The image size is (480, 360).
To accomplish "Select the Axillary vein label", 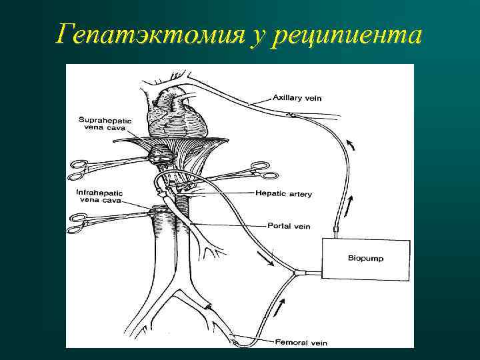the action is [297, 98].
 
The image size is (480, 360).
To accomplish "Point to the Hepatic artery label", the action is [284, 194].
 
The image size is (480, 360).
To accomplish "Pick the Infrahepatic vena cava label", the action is [101, 195].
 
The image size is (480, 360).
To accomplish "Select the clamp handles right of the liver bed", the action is [261, 171].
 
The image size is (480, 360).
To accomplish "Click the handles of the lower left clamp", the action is [79, 220].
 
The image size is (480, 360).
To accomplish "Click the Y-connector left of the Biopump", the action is [297, 273].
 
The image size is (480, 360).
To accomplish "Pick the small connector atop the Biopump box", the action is [336, 229].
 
